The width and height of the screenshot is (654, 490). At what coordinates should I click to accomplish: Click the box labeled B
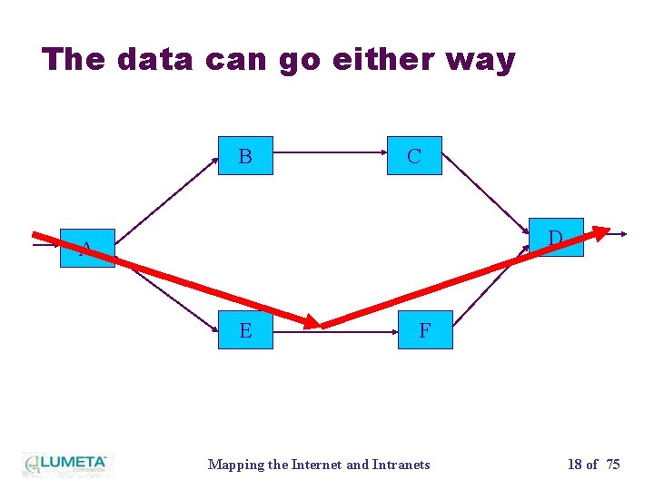click(x=245, y=156)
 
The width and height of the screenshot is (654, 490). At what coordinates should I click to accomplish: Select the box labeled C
click(x=414, y=156)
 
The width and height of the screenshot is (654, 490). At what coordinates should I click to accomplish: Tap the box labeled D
click(x=556, y=238)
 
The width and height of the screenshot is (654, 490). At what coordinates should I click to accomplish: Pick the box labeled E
click(x=245, y=330)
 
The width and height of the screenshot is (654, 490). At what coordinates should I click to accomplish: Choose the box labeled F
click(x=424, y=330)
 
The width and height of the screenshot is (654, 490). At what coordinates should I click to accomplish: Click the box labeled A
click(x=87, y=248)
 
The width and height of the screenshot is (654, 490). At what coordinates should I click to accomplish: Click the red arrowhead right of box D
click(x=599, y=231)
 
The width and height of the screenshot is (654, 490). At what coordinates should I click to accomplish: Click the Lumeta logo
click(x=65, y=464)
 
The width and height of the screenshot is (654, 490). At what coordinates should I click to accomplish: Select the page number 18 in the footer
click(x=575, y=465)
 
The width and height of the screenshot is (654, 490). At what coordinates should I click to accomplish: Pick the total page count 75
click(x=612, y=465)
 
